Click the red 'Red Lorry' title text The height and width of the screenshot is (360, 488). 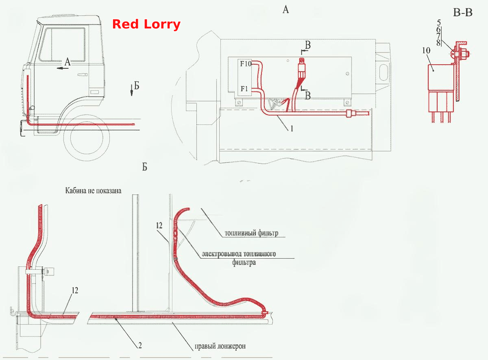coord(146,24)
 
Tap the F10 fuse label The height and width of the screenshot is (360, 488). coord(246,64)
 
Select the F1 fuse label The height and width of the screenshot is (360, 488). coord(244,89)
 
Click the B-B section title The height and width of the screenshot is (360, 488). coord(463,13)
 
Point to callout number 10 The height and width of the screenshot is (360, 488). coord(426,50)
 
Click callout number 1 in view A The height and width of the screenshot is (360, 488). coord(292,129)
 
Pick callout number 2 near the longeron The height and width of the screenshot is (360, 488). coord(140,345)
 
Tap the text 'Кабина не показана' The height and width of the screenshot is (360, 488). coord(93,191)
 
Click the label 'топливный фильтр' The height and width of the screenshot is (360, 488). coord(251,233)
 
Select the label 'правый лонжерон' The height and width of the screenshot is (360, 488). coord(220,346)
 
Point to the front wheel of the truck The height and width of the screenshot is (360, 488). coord(87,138)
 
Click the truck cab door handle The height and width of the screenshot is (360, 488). coord(83,75)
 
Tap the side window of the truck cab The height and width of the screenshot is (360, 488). coord(62,44)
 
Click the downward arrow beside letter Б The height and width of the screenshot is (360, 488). coord(132,90)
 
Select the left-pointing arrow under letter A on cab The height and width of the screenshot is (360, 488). coord(63,68)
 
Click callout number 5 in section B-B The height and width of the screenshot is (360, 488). coord(439,22)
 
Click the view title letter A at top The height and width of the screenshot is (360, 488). coord(285,10)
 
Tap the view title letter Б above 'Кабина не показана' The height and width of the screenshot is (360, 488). coord(145,167)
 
